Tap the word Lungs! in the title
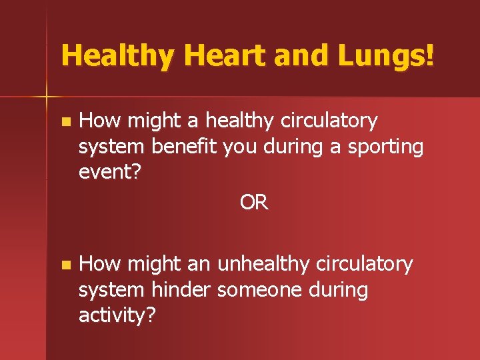[386, 55]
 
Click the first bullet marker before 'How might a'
[64, 122]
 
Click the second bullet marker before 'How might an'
[64, 265]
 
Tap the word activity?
[117, 315]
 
